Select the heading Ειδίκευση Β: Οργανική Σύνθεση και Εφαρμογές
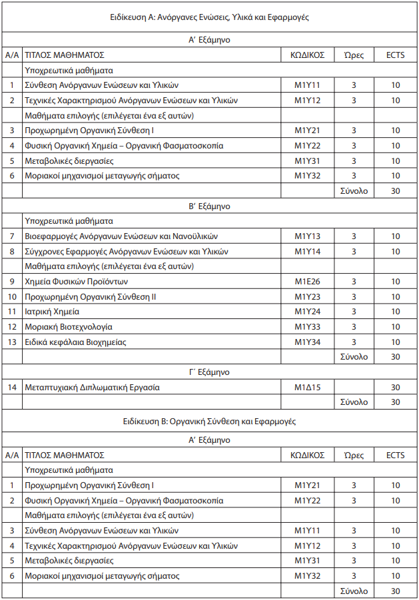pyautogui.click(x=209, y=422)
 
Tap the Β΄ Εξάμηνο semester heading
pyautogui.click(x=209, y=206)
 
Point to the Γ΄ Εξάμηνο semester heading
pyautogui.click(x=209, y=372)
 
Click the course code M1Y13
pyautogui.click(x=307, y=236)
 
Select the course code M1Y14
pyautogui.click(x=307, y=251)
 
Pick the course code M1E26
pyautogui.click(x=307, y=281)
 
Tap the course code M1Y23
pyautogui.click(x=307, y=296)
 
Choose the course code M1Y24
pyautogui.click(x=307, y=311)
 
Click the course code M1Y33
pyautogui.click(x=307, y=326)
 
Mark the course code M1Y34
pyautogui.click(x=307, y=342)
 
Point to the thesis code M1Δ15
pyautogui.click(x=307, y=387)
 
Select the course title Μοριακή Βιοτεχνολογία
pyautogui.click(x=68, y=326)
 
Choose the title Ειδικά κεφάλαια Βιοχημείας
pyautogui.click(x=75, y=342)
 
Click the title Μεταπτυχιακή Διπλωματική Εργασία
pyautogui.click(x=92, y=387)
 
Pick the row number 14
pyautogui.click(x=12, y=387)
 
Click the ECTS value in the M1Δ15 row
pyautogui.click(x=395, y=387)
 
